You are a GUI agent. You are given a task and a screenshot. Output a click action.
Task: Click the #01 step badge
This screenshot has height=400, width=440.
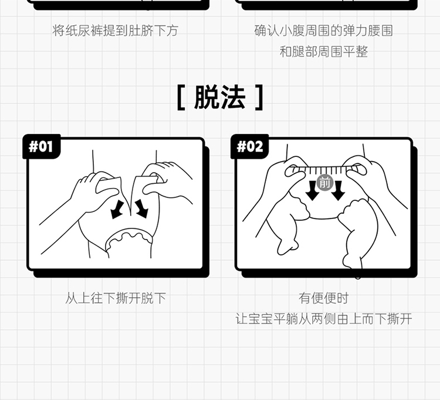click(42, 146)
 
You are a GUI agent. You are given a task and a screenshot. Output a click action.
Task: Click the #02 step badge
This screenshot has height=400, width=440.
click(249, 146)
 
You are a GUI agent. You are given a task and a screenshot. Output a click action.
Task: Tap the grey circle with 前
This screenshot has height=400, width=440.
click(325, 183)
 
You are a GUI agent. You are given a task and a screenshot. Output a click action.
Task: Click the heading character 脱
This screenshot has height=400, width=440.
click(207, 97)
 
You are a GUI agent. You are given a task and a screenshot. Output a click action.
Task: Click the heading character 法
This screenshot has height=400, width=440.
click(233, 97)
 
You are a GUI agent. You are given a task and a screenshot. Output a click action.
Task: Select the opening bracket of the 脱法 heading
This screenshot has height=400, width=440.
click(181, 97)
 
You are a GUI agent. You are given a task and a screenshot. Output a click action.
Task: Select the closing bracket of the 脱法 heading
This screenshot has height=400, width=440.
click(259, 97)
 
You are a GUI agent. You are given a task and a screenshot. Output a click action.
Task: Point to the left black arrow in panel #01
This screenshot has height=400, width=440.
click(117, 209)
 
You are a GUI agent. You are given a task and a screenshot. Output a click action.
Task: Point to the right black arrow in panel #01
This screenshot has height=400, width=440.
click(141, 208)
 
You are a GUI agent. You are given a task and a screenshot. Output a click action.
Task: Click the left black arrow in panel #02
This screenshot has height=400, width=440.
click(312, 190)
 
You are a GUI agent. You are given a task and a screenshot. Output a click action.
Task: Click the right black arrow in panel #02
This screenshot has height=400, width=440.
click(338, 190)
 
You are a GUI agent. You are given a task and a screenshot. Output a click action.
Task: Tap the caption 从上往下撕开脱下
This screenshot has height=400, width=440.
click(116, 298)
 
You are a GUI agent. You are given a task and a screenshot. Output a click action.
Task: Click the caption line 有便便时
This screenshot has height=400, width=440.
click(323, 298)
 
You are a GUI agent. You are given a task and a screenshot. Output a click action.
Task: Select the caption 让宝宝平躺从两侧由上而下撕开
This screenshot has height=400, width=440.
click(324, 319)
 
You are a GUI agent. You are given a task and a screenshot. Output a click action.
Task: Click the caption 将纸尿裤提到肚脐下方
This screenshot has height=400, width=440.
click(116, 30)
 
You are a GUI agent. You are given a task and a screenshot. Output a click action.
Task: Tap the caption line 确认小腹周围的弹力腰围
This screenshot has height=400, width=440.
click(323, 30)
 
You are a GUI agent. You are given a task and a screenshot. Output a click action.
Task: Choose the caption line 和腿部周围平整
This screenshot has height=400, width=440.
click(323, 52)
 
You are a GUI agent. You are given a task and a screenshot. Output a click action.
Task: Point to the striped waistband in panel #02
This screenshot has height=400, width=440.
click(325, 169)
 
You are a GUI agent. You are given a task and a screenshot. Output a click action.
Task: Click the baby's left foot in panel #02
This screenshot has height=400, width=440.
click(287, 247)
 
